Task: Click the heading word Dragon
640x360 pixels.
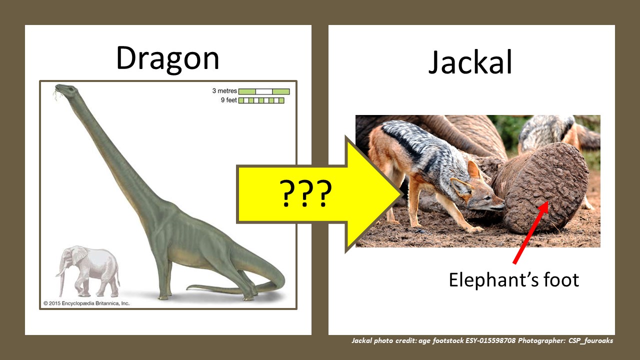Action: [x=167, y=58]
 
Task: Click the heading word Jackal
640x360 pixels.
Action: [x=470, y=63]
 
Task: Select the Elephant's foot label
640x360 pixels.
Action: [x=513, y=279]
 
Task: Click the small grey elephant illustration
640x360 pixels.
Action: [x=90, y=270]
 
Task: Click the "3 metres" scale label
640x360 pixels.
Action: [x=224, y=91]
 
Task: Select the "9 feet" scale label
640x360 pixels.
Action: [x=228, y=100]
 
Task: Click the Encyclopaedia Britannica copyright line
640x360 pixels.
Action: [x=86, y=303]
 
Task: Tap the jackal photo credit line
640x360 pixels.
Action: [x=482, y=341]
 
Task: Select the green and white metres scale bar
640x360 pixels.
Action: [x=264, y=91]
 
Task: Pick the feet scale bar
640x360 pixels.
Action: [x=261, y=100]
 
